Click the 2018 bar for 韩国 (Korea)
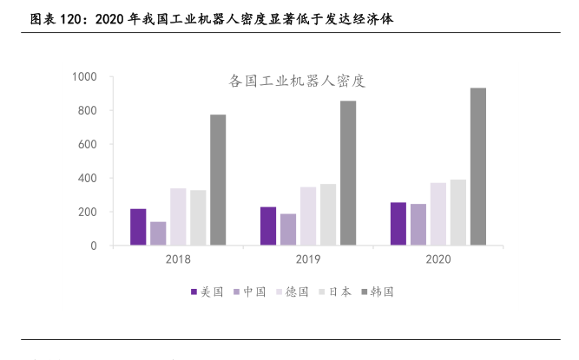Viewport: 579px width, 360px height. pyautogui.click(x=217, y=180)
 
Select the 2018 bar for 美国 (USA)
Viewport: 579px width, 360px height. pyautogui.click(x=138, y=227)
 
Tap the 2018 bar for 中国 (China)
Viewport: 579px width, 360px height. pyautogui.click(x=158, y=234)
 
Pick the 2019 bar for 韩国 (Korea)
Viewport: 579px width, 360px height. pyautogui.click(x=347, y=173)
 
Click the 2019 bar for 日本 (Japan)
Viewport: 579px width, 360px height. pyautogui.click(x=327, y=215)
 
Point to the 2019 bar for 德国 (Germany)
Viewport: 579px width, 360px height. pyautogui.click(x=307, y=217)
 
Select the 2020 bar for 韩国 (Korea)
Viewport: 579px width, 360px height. pyautogui.click(x=477, y=167)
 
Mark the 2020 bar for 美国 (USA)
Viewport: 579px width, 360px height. pyautogui.click(x=398, y=224)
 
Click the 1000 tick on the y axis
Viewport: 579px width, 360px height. pyautogui.click(x=83, y=77)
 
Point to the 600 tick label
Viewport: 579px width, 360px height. pyautogui.click(x=87, y=145)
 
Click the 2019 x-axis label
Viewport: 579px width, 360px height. pyautogui.click(x=307, y=260)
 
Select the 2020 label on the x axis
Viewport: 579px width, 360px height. pyautogui.click(x=438, y=260)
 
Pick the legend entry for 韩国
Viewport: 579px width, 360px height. pyautogui.click(x=376, y=292)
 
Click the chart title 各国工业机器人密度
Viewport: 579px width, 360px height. pyautogui.click(x=296, y=82)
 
